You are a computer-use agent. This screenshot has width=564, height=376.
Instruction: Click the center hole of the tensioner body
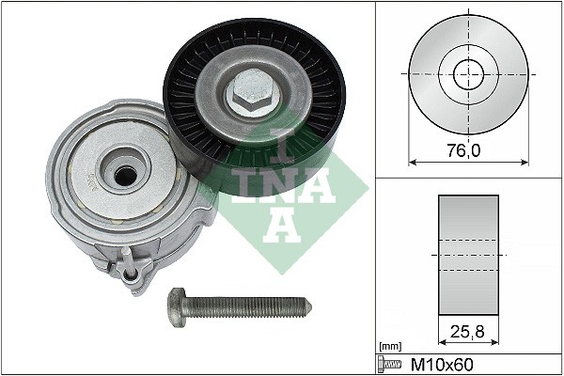point(123,173)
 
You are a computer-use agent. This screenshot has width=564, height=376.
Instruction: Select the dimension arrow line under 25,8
point(468,345)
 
